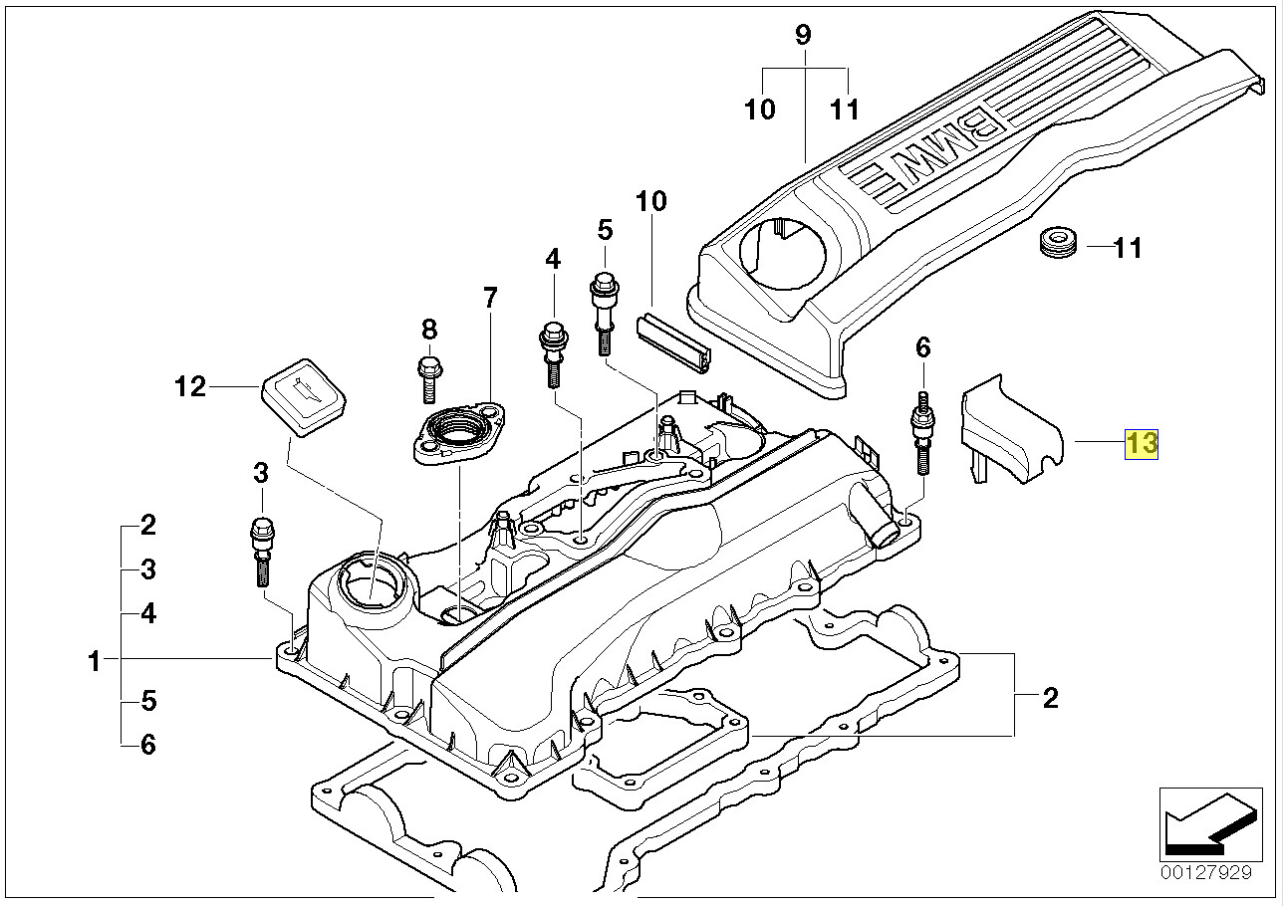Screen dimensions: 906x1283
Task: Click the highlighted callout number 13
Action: click(1142, 443)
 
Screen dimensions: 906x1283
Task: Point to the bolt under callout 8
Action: click(429, 377)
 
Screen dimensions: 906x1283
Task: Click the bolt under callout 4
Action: click(551, 353)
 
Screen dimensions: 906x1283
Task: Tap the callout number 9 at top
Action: click(803, 36)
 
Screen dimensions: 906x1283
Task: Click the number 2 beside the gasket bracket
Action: click(1050, 698)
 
